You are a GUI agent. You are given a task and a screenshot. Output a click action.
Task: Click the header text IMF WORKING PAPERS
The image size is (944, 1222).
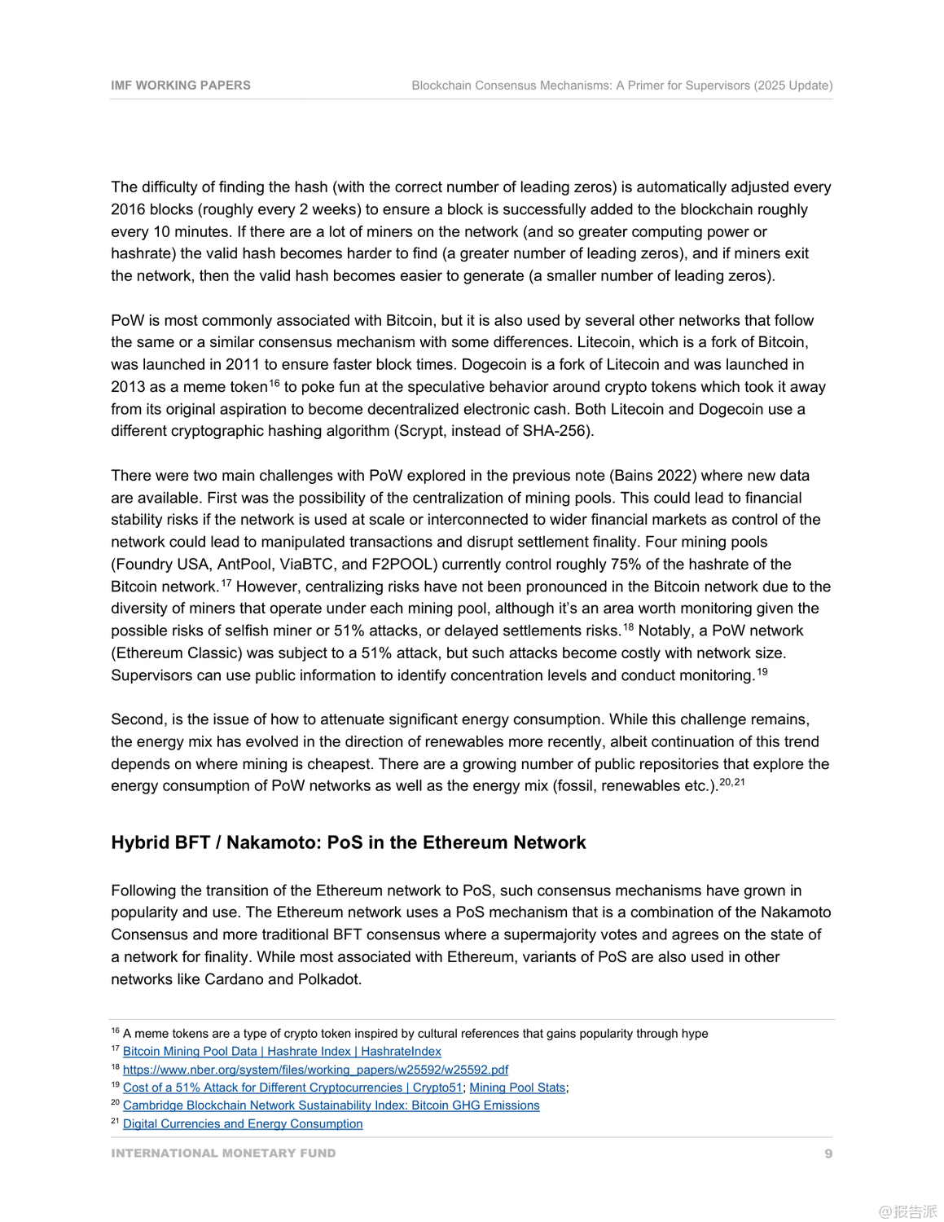pyautogui.click(x=181, y=86)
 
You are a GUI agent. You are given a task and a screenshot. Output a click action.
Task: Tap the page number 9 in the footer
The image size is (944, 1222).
pyautogui.click(x=828, y=1154)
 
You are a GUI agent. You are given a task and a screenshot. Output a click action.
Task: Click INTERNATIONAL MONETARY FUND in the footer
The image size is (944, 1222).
pyautogui.click(x=223, y=1154)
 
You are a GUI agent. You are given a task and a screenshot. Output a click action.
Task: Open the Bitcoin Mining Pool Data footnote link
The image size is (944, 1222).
pyautogui.click(x=282, y=1052)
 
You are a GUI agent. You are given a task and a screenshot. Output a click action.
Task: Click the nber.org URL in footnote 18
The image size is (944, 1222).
pyautogui.click(x=315, y=1070)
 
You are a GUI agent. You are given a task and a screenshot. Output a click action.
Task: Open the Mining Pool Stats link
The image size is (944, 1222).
pyautogui.click(x=517, y=1088)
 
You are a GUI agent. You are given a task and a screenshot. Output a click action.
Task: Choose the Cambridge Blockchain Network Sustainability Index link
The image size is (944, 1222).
pyautogui.click(x=331, y=1106)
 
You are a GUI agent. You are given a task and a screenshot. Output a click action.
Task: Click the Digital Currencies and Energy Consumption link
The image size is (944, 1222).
pyautogui.click(x=243, y=1124)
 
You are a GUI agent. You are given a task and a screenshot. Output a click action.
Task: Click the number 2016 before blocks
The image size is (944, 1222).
pyautogui.click(x=127, y=209)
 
